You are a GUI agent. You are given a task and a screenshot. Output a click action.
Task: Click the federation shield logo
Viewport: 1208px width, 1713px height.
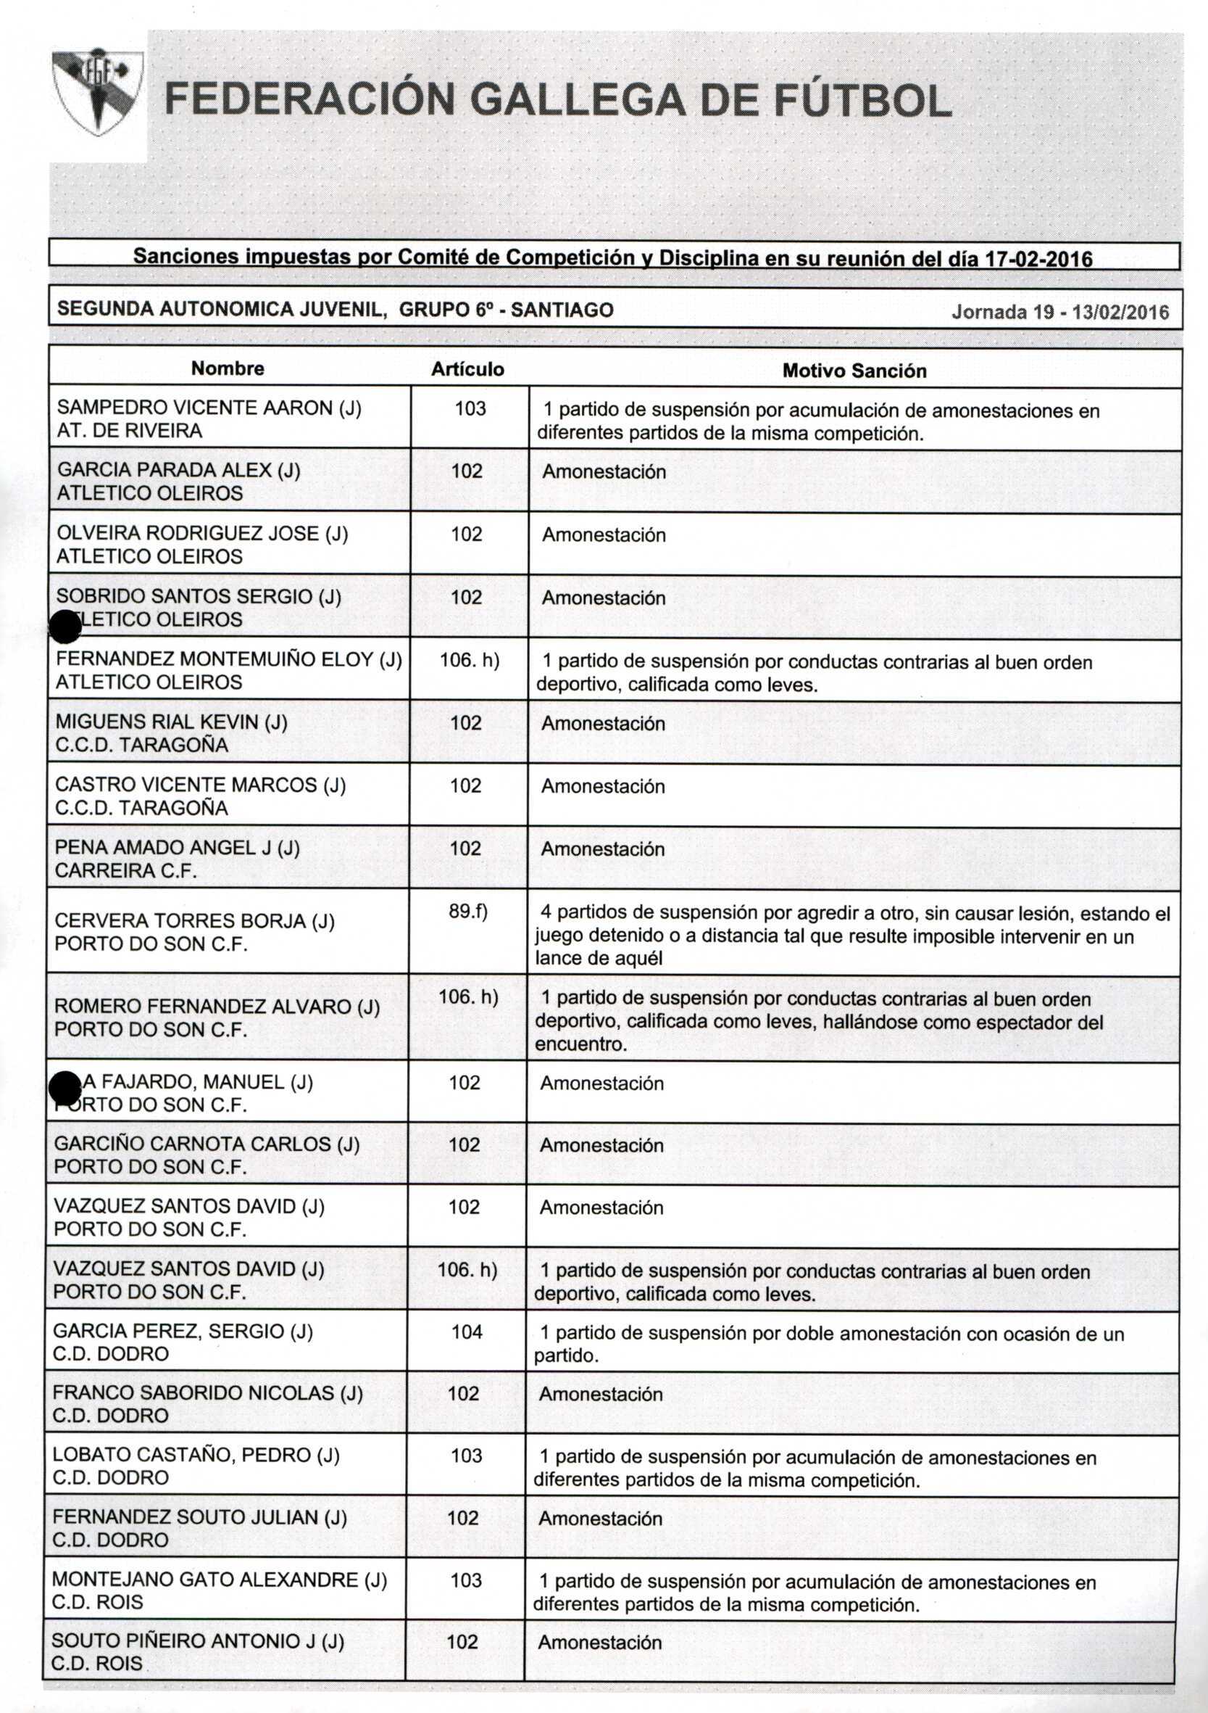(98, 94)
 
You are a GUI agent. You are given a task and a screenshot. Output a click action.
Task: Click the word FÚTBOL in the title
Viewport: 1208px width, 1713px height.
(863, 100)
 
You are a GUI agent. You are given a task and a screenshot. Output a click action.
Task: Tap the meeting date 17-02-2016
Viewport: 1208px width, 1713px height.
(1038, 259)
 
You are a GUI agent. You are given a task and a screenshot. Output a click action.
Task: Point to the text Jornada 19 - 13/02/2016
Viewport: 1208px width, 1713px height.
(1059, 312)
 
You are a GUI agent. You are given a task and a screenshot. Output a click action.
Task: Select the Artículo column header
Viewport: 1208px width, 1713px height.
(467, 369)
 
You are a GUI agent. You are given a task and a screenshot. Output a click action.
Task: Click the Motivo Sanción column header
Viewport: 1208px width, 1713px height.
(854, 371)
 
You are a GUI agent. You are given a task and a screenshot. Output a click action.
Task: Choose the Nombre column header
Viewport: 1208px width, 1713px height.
(228, 368)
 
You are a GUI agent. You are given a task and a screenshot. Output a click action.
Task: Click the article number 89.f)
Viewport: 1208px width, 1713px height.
(467, 911)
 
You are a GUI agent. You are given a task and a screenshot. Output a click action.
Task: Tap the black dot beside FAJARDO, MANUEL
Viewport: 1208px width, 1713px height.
(65, 1088)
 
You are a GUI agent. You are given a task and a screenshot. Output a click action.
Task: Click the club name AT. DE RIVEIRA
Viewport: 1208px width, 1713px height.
(129, 431)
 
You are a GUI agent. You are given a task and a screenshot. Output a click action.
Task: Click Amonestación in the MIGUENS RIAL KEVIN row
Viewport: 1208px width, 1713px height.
(602, 723)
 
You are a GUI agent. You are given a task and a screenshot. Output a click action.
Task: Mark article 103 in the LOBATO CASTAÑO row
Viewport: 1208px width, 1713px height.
(466, 1455)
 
